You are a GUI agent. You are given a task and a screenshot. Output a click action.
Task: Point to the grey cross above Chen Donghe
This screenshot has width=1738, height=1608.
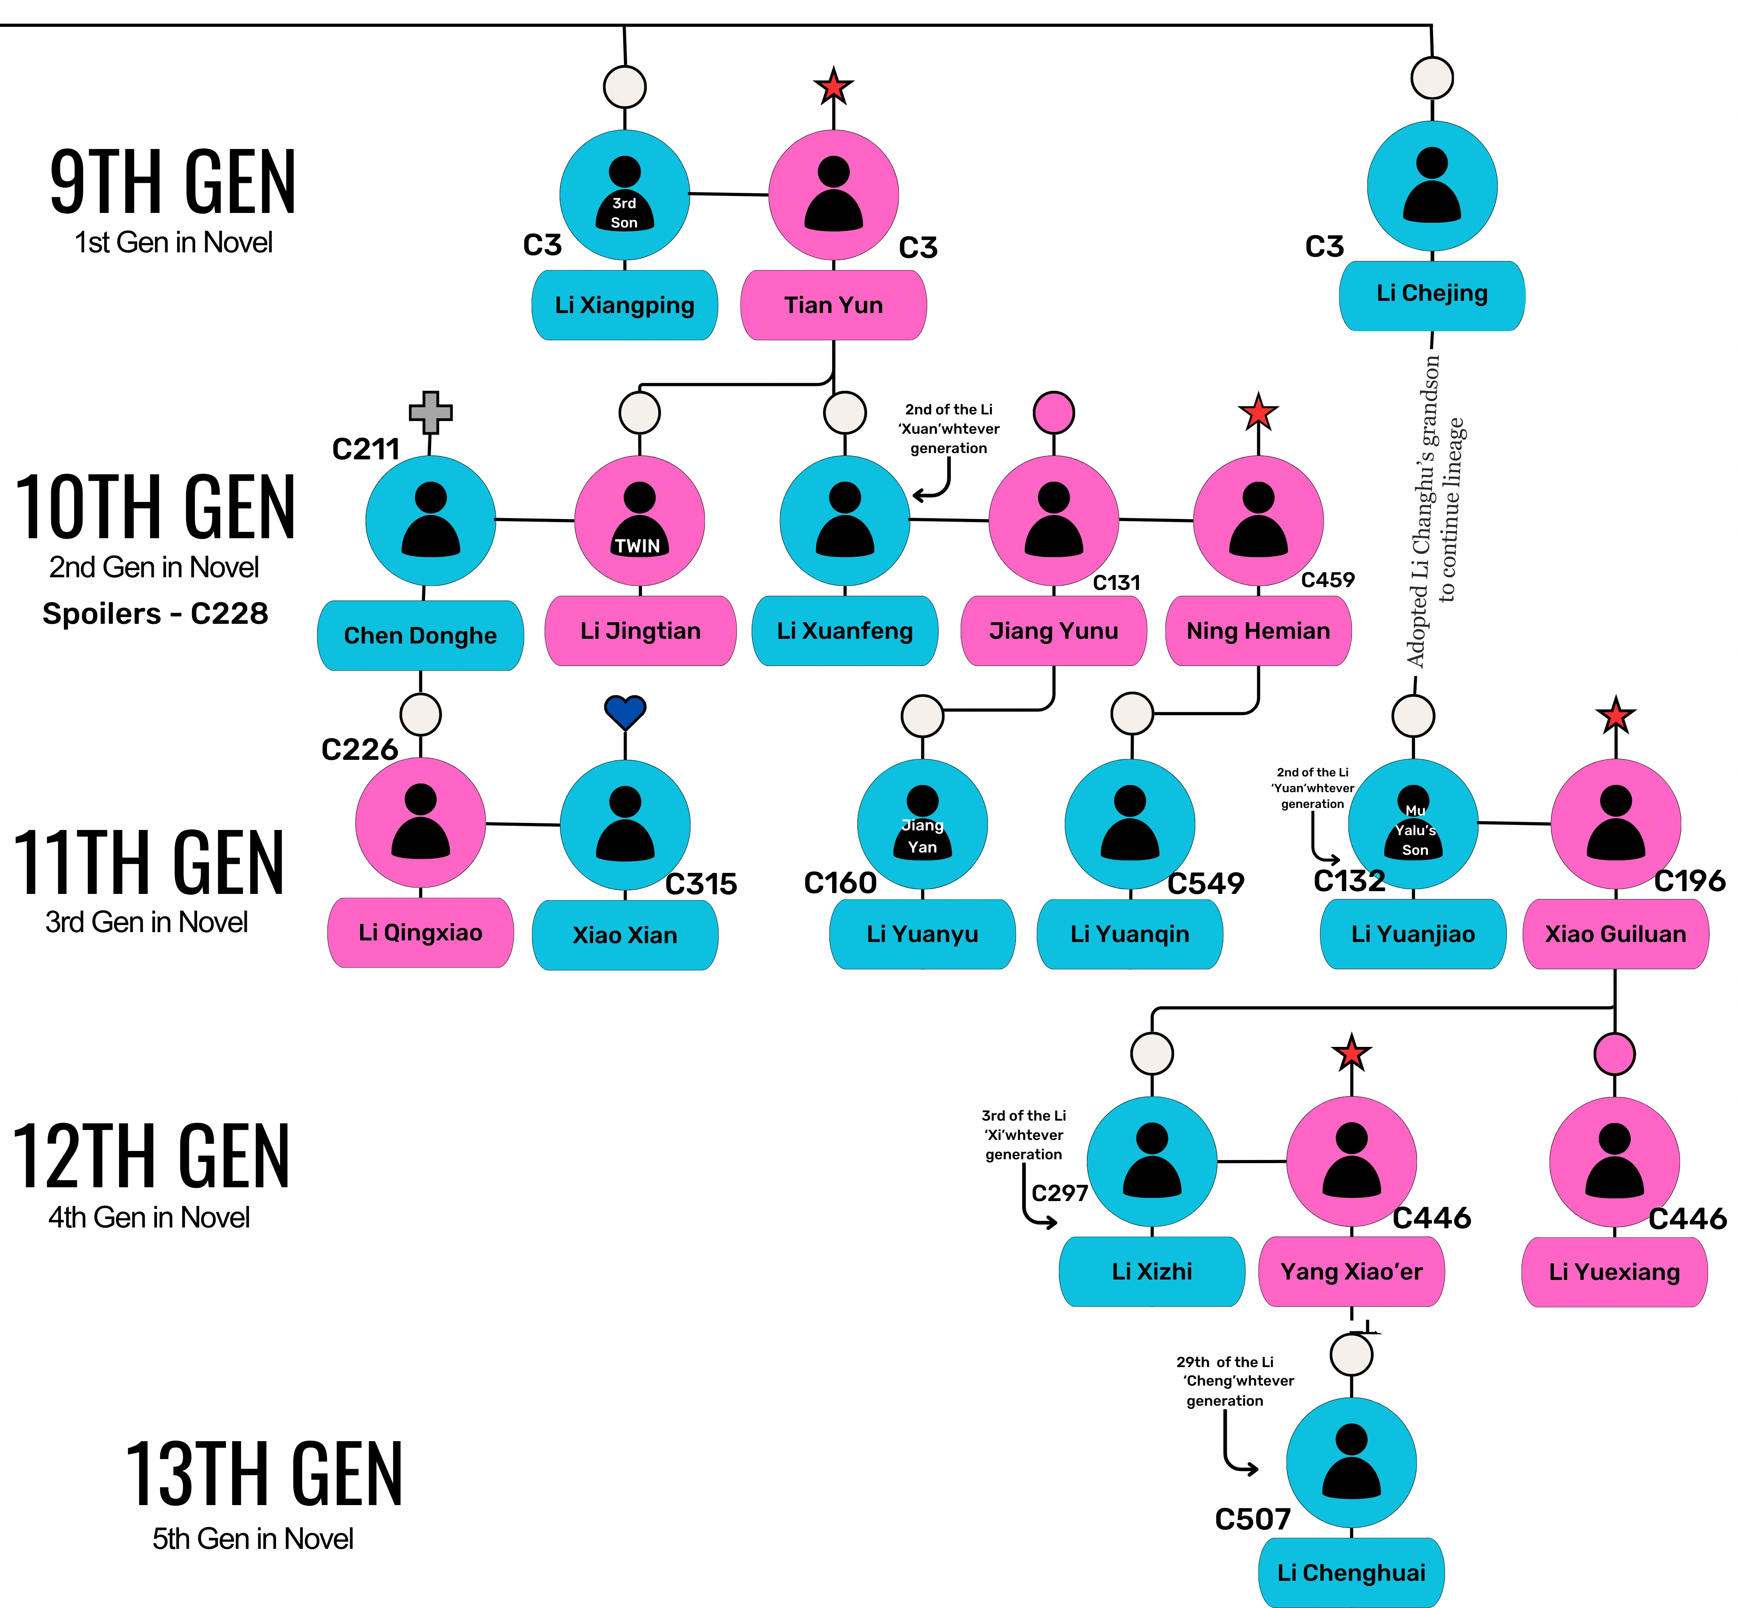point(431,412)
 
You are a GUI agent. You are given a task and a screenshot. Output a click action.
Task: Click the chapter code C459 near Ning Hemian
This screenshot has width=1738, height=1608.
point(1327,580)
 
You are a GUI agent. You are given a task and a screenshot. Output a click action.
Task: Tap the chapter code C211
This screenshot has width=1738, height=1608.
point(366,449)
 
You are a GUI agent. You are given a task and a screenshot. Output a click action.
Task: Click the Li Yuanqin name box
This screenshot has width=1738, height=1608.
point(1129,934)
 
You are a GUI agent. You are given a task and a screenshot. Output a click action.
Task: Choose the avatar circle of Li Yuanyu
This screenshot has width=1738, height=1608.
point(922,824)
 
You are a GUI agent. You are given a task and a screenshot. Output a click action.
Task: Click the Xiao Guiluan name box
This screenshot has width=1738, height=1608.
point(1615,934)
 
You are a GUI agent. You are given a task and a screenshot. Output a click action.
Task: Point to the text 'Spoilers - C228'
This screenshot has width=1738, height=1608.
point(155,614)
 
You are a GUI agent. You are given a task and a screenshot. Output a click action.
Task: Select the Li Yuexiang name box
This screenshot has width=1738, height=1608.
point(1615,1271)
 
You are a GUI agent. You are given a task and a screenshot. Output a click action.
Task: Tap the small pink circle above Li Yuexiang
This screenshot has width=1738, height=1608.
point(1615,1054)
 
